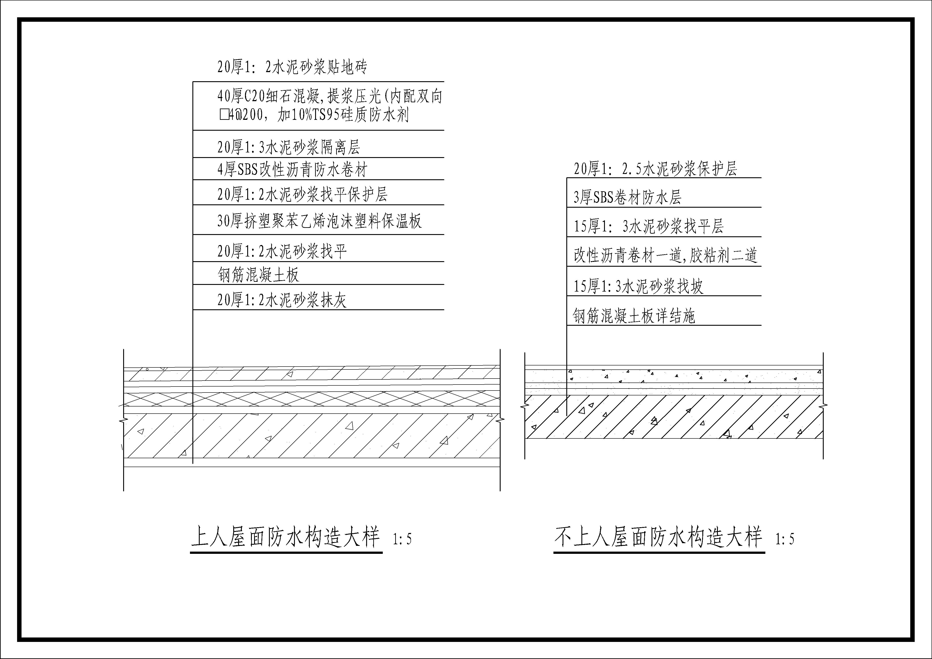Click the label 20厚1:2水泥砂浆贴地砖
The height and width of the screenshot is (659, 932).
(292, 67)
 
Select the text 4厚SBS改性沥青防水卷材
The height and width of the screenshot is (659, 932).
(292, 170)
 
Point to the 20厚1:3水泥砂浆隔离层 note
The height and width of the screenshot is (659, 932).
(289, 147)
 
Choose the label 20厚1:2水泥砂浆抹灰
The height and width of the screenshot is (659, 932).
(282, 300)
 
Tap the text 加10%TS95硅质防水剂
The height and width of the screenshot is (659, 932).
(343, 115)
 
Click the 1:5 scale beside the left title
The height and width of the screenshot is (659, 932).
(402, 539)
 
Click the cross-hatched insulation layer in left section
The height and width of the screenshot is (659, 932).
(312, 399)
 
